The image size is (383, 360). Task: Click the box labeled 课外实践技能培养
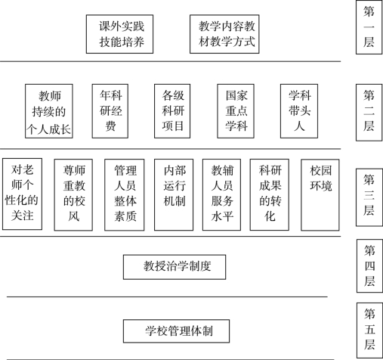pos(119,34)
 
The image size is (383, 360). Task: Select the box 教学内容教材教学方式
pos(224,34)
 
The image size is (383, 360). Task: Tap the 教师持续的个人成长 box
pos(49,111)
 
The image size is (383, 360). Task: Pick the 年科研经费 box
pos(110,111)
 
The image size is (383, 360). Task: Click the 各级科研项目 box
pos(172,111)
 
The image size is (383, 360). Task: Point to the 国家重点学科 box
pos(236,111)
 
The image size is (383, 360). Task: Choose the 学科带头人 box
pos(299,111)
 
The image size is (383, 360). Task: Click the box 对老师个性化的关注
pos(22,194)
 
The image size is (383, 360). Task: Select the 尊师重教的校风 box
pos(73,194)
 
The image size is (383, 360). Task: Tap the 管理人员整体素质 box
pos(125,194)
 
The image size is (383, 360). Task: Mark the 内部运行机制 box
pos(174,194)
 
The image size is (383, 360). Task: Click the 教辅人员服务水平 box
pos(221,194)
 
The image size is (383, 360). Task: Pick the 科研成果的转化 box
pos(270,194)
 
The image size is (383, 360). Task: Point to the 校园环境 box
pos(320,194)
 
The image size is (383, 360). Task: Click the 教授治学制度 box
pos(175,267)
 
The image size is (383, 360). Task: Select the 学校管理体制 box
pos(176,331)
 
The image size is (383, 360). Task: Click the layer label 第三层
pos(369,197)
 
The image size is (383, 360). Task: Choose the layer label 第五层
pos(369,331)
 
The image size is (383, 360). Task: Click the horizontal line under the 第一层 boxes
pos(171,61)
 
